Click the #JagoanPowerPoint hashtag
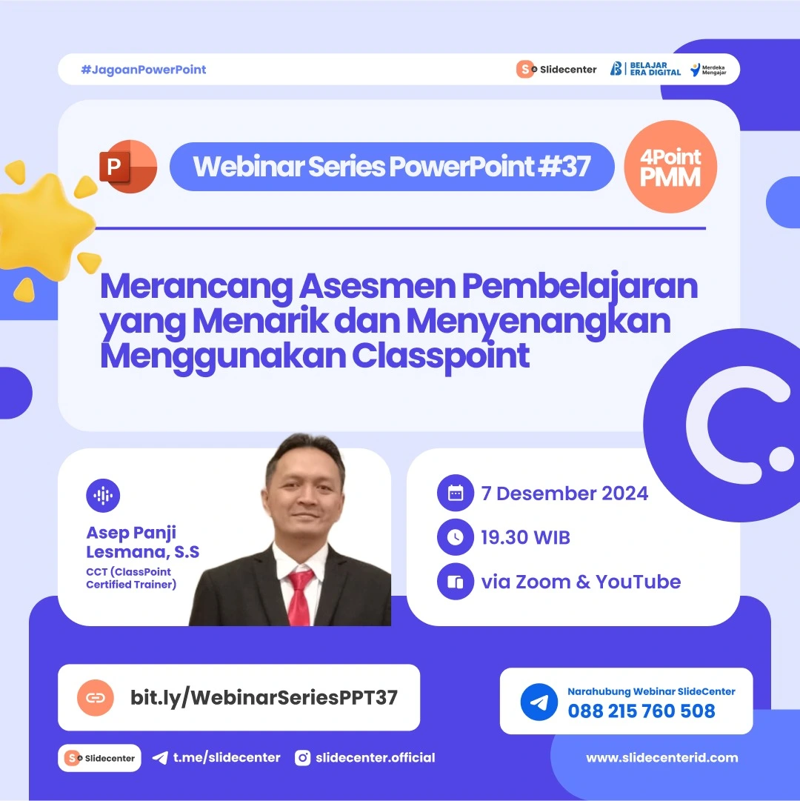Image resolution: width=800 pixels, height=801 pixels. [144, 70]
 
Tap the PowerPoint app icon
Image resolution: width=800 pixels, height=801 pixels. [127, 167]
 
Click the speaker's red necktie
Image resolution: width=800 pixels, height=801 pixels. [301, 596]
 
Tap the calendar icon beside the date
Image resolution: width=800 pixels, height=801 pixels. [456, 493]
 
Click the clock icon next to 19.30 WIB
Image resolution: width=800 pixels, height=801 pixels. [456, 538]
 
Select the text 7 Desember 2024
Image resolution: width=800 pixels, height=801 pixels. [564, 493]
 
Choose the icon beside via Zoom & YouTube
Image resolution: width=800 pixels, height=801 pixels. [456, 582]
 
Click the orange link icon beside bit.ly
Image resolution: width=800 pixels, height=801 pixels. [96, 697]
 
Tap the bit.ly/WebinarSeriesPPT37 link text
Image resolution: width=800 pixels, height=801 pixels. [264, 697]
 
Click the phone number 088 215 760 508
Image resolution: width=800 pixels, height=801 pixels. [641, 711]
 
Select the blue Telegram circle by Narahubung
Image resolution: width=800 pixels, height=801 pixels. [539, 702]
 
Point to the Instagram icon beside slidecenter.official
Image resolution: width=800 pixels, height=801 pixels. [303, 757]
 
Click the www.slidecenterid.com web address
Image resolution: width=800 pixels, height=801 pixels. [661, 757]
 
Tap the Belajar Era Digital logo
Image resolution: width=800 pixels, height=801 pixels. [645, 69]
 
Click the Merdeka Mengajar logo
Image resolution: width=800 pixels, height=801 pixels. [707, 70]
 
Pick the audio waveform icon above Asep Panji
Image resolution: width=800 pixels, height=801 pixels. [103, 496]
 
